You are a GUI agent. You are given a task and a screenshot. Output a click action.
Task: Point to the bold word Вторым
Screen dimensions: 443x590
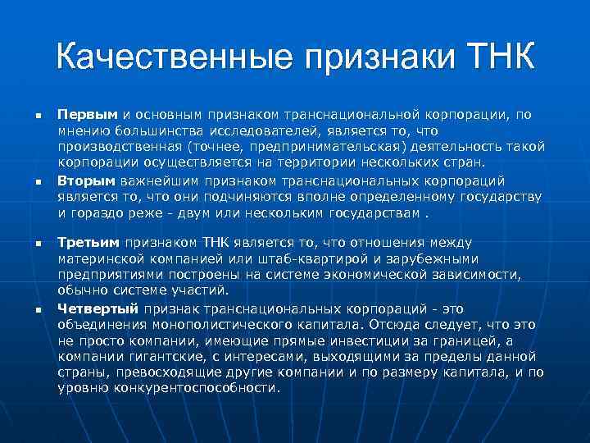click(88, 180)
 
